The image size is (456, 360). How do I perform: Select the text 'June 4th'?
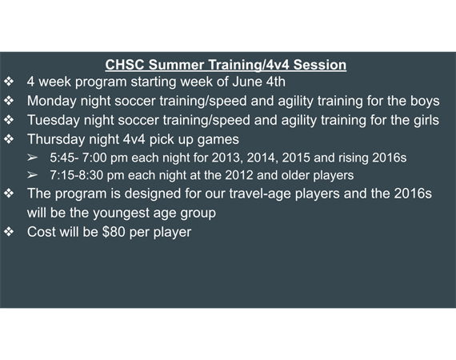pos(259,82)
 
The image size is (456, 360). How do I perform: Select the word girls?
pos(426,121)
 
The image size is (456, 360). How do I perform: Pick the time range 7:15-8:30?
pos(77,175)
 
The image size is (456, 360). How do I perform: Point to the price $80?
pos(114,232)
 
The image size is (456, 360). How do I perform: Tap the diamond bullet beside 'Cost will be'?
pos(9,232)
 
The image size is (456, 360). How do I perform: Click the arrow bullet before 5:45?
pos(32,158)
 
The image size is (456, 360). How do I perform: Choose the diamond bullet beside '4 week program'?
pos(9,82)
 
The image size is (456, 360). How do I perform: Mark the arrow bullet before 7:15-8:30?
pos(32,175)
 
